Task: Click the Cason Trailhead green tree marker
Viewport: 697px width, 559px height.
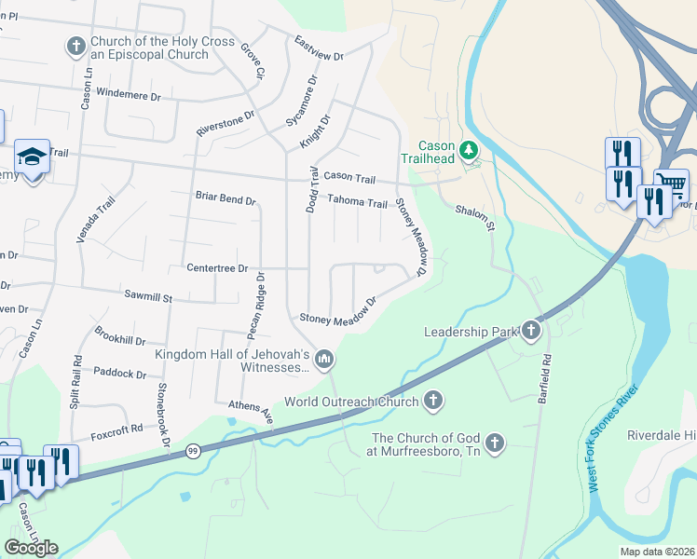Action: pyautogui.click(x=471, y=148)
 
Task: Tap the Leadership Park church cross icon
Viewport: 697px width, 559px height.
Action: pyautogui.click(x=531, y=330)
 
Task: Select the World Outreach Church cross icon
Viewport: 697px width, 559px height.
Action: pyautogui.click(x=431, y=402)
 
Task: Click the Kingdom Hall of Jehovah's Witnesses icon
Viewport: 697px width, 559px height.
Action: pyautogui.click(x=324, y=358)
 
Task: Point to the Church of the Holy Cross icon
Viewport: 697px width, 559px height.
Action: pyautogui.click(x=75, y=46)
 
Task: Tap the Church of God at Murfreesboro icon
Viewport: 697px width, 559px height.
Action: pyautogui.click(x=495, y=443)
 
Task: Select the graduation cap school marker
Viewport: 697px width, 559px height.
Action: pyautogui.click(x=32, y=157)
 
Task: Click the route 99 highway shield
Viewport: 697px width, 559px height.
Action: pyautogui.click(x=193, y=451)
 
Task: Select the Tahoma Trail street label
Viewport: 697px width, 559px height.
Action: pyautogui.click(x=357, y=202)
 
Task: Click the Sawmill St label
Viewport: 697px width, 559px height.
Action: pyautogui.click(x=149, y=296)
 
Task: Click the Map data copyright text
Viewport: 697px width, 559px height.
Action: pyautogui.click(x=655, y=552)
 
